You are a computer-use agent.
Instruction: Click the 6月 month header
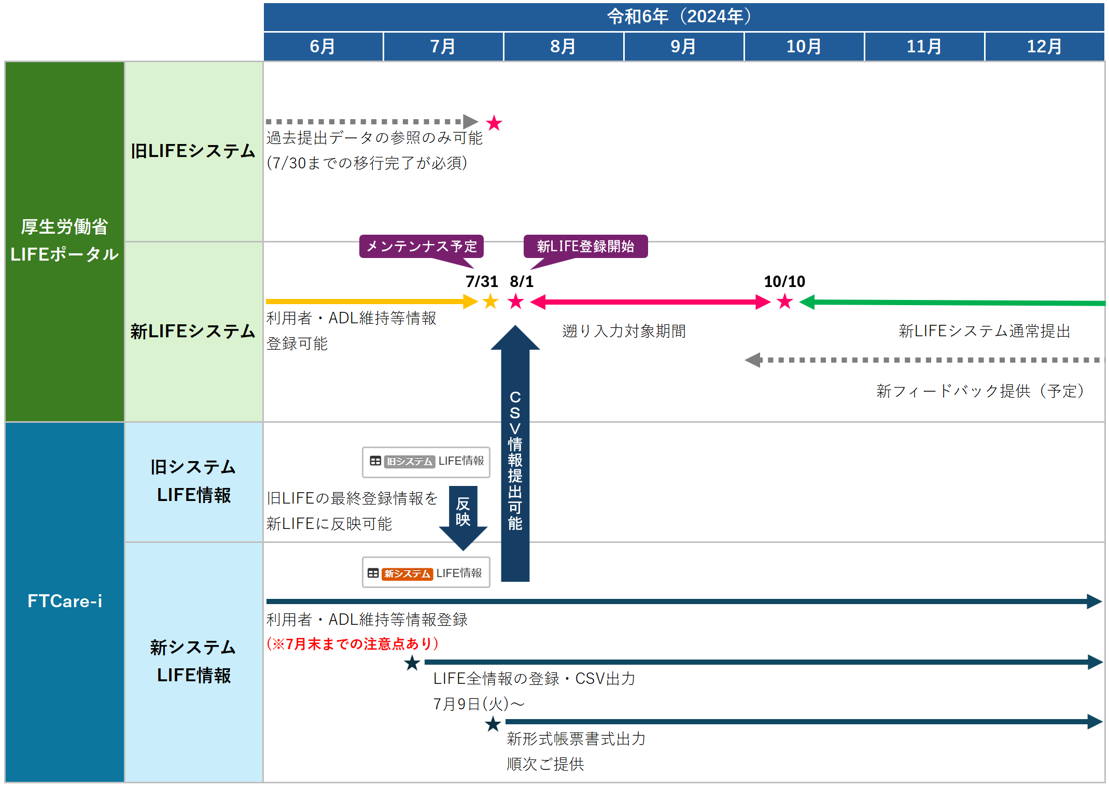322,47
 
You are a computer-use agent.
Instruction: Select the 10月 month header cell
804,47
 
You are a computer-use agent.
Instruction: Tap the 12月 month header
1044,47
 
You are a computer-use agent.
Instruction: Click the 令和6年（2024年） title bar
683,17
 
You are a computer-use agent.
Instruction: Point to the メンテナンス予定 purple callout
421,246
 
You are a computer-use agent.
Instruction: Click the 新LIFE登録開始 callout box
585,246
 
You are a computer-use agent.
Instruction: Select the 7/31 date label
481,281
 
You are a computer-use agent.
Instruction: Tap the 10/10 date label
784,281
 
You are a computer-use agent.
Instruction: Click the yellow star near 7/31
490,302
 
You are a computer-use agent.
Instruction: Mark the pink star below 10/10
785,302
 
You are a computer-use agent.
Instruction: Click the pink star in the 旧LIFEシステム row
494,123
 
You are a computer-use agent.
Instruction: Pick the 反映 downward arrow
463,515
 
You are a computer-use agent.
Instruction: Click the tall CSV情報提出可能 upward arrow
515,456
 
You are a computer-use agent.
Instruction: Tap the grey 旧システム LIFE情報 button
426,462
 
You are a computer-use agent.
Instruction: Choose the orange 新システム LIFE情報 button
426,573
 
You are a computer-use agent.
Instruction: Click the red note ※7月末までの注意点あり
353,643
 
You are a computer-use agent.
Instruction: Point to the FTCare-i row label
65,601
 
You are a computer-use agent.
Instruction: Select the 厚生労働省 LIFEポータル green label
65,241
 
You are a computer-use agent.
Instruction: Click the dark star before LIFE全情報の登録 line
412,663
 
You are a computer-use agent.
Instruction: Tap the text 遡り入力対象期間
624,331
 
